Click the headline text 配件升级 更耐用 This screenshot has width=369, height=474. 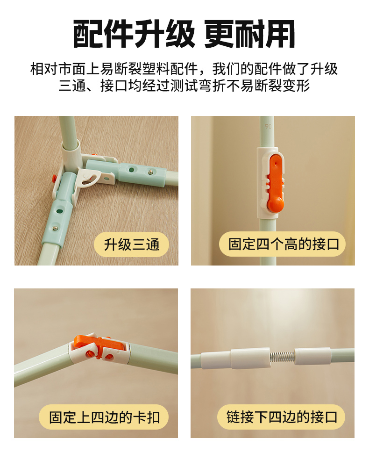[184, 34]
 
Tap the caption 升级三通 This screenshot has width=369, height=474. [132, 244]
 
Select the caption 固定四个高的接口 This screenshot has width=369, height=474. [284, 244]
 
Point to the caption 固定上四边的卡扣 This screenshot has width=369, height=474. [104, 417]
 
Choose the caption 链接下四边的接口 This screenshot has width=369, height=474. [282, 417]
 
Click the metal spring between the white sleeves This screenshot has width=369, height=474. [282, 357]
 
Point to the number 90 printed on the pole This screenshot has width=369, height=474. [268, 126]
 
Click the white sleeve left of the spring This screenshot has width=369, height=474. [250, 358]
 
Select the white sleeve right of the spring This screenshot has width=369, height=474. [312, 356]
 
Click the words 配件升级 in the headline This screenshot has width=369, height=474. [134, 34]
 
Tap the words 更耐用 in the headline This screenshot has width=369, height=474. [250, 34]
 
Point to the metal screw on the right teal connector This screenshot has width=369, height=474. [150, 172]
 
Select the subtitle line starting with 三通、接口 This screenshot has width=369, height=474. [184, 86]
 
